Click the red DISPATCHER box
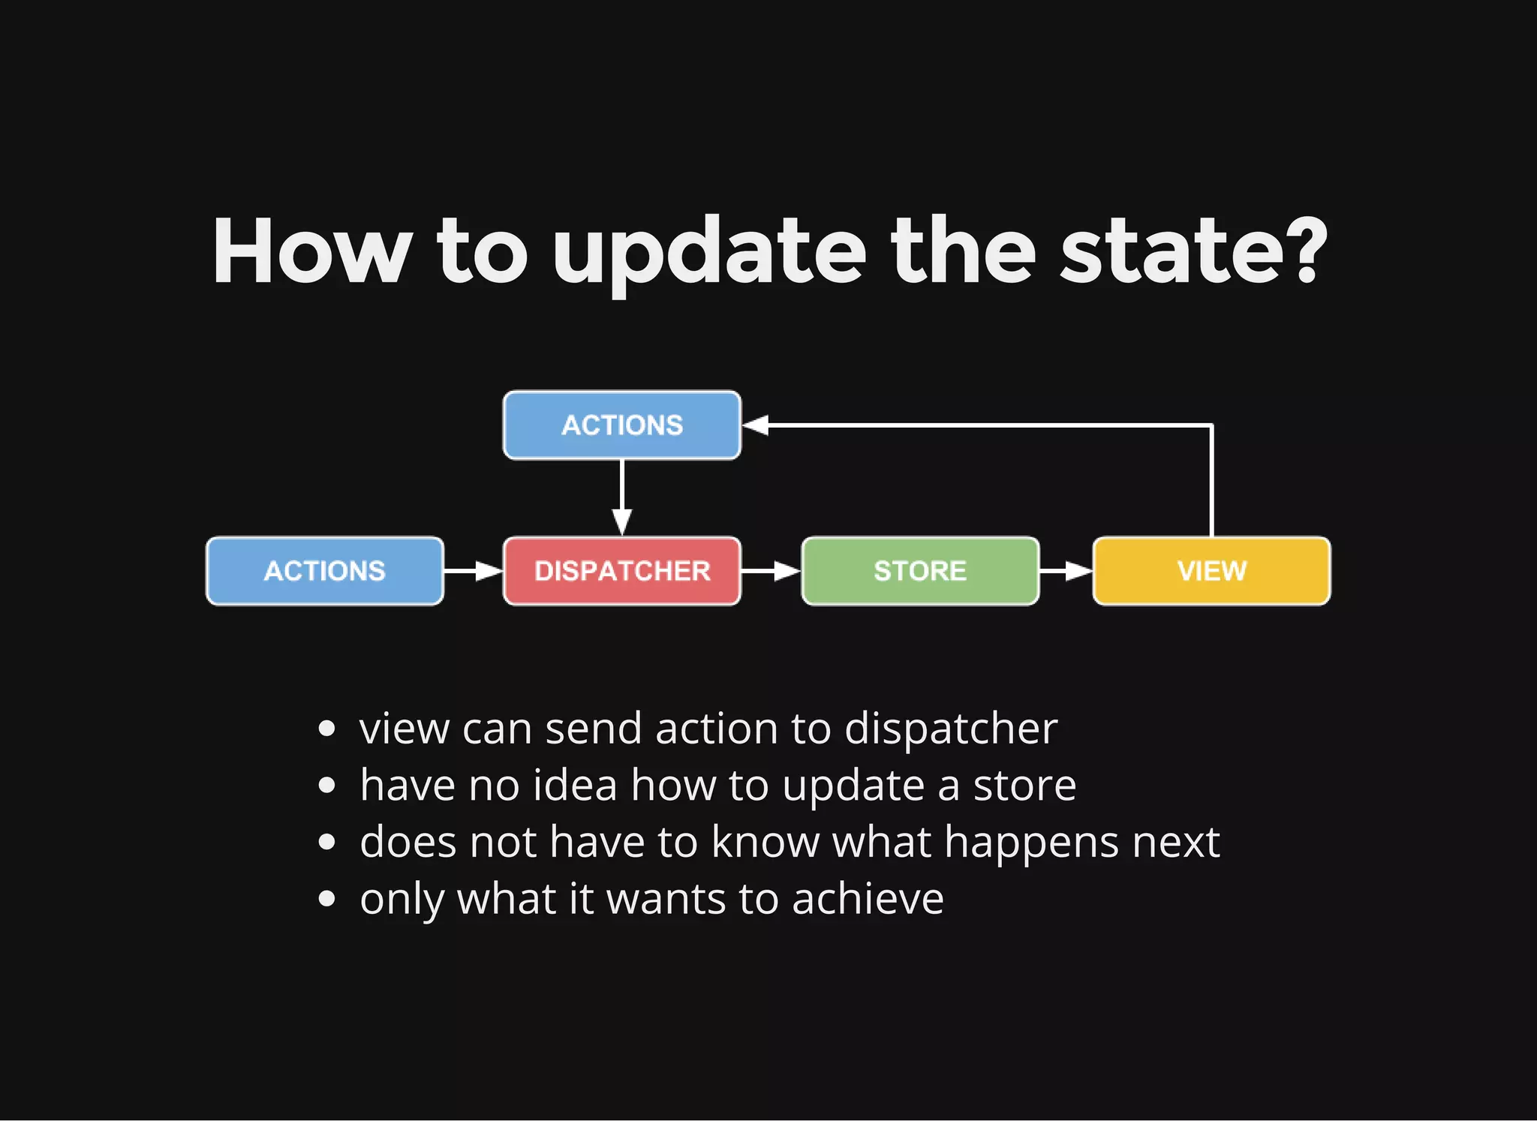(621, 571)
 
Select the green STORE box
(920, 571)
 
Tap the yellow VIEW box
(1211, 571)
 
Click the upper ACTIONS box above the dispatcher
(621, 425)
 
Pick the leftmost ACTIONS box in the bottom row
(324, 571)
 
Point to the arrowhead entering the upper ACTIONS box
(756, 425)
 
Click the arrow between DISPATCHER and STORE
(772, 572)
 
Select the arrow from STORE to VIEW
(1066, 572)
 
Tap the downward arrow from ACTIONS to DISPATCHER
(622, 499)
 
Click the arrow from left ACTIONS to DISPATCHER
(474, 572)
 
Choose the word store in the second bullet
(1024, 786)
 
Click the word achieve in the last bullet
(868, 899)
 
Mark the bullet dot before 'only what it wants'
(326, 899)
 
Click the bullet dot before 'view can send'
(326, 729)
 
